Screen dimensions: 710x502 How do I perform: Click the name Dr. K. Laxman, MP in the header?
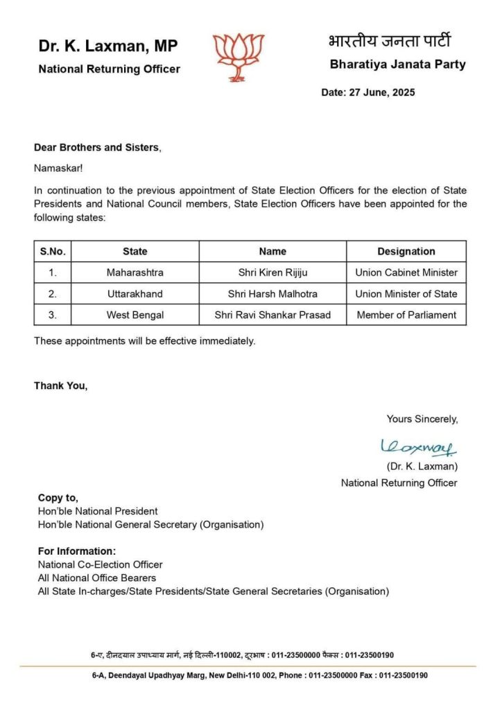click(108, 46)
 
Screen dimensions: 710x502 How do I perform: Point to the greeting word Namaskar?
click(58, 168)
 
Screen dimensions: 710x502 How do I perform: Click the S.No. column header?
click(53, 252)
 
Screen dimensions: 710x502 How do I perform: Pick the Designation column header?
click(406, 252)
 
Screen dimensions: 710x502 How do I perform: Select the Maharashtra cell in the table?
click(135, 272)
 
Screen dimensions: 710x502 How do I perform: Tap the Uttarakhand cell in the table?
click(135, 294)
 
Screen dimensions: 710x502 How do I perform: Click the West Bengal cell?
click(135, 315)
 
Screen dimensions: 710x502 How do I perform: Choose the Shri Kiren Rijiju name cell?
click(272, 272)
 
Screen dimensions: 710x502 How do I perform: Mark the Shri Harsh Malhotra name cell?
click(272, 294)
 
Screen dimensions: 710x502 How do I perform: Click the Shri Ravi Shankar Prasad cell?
click(272, 315)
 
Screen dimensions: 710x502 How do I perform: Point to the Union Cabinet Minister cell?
click(406, 272)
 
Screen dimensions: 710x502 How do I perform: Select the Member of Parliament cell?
click(406, 315)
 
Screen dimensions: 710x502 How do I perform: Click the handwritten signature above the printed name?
click(418, 448)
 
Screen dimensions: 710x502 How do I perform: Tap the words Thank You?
click(61, 386)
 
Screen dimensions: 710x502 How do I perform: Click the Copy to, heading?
click(58, 498)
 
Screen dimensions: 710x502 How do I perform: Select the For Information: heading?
click(77, 552)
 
